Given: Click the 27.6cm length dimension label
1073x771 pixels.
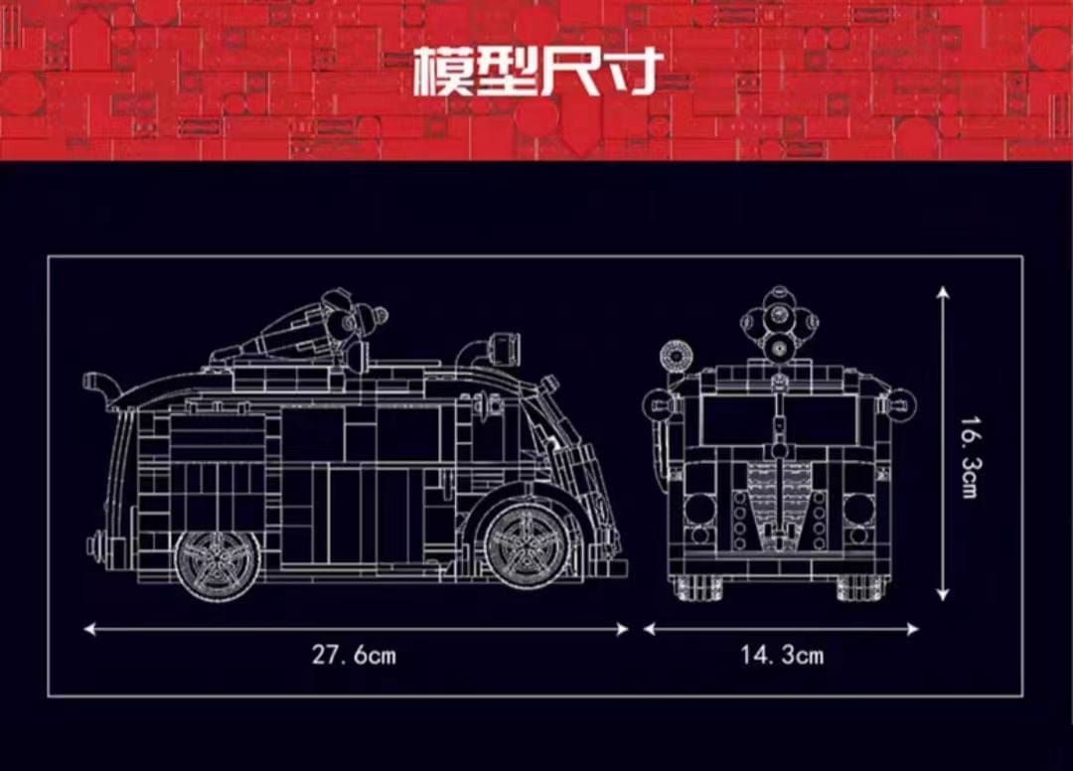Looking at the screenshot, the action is click(354, 655).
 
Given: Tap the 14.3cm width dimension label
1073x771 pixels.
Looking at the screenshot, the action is click(782, 655).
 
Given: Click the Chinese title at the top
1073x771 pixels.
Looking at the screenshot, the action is click(537, 71).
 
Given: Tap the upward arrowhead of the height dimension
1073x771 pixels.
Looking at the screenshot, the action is click(943, 293).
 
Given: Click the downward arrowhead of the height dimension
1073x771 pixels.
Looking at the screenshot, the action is click(943, 594).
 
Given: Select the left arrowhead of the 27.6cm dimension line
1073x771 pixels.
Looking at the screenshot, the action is click(89, 629).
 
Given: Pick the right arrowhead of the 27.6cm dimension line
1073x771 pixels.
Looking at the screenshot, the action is click(621, 629).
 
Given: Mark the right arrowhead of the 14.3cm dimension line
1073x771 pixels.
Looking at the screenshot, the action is click(912, 629).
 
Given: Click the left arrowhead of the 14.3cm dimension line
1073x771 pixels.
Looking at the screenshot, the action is click(650, 629).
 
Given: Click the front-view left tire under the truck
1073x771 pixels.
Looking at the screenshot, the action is click(695, 586).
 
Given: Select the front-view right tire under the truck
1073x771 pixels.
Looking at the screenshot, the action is click(863, 586).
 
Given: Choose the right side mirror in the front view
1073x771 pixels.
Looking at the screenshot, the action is click(900, 403).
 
